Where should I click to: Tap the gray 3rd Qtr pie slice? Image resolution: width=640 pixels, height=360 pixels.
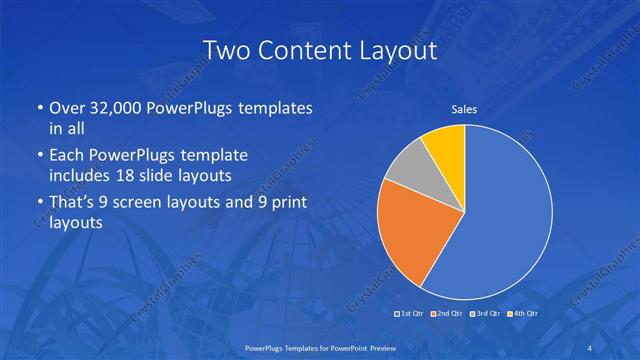point(406,172)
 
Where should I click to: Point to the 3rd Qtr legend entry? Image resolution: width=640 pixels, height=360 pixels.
point(484,313)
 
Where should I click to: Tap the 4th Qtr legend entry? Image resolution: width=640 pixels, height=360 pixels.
point(522,313)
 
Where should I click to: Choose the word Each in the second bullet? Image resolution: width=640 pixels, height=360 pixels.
point(66,156)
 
